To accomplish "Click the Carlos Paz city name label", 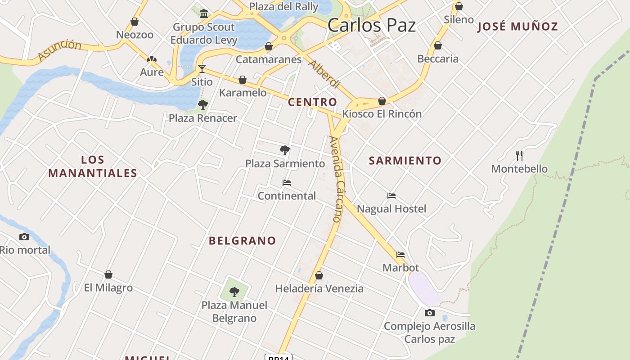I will point(371,25).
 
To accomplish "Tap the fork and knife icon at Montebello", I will point(519,156).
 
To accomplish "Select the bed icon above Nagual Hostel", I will point(391,196).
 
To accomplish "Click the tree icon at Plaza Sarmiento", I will point(284,150).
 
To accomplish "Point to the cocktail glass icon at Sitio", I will point(202,68).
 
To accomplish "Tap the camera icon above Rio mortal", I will point(24,237).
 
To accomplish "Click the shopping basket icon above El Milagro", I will point(108,274).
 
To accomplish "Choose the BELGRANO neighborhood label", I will point(242,241).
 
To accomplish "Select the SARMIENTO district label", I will point(405,161).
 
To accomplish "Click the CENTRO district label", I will point(312,102).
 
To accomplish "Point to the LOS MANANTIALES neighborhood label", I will point(93,166).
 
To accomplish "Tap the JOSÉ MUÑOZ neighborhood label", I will point(517,27).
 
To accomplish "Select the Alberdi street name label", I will point(324,74).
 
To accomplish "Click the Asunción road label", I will point(59,50).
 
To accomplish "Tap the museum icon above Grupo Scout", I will point(204,13).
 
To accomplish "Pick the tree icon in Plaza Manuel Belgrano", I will point(234,292).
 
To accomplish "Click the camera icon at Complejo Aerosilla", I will point(430,313).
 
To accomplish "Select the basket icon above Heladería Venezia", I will point(319,275).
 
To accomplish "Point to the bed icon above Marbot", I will point(400,255).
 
